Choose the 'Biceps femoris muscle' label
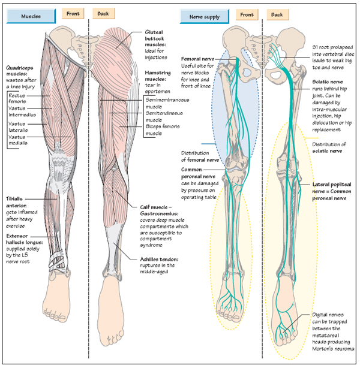click(x=162, y=129)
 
